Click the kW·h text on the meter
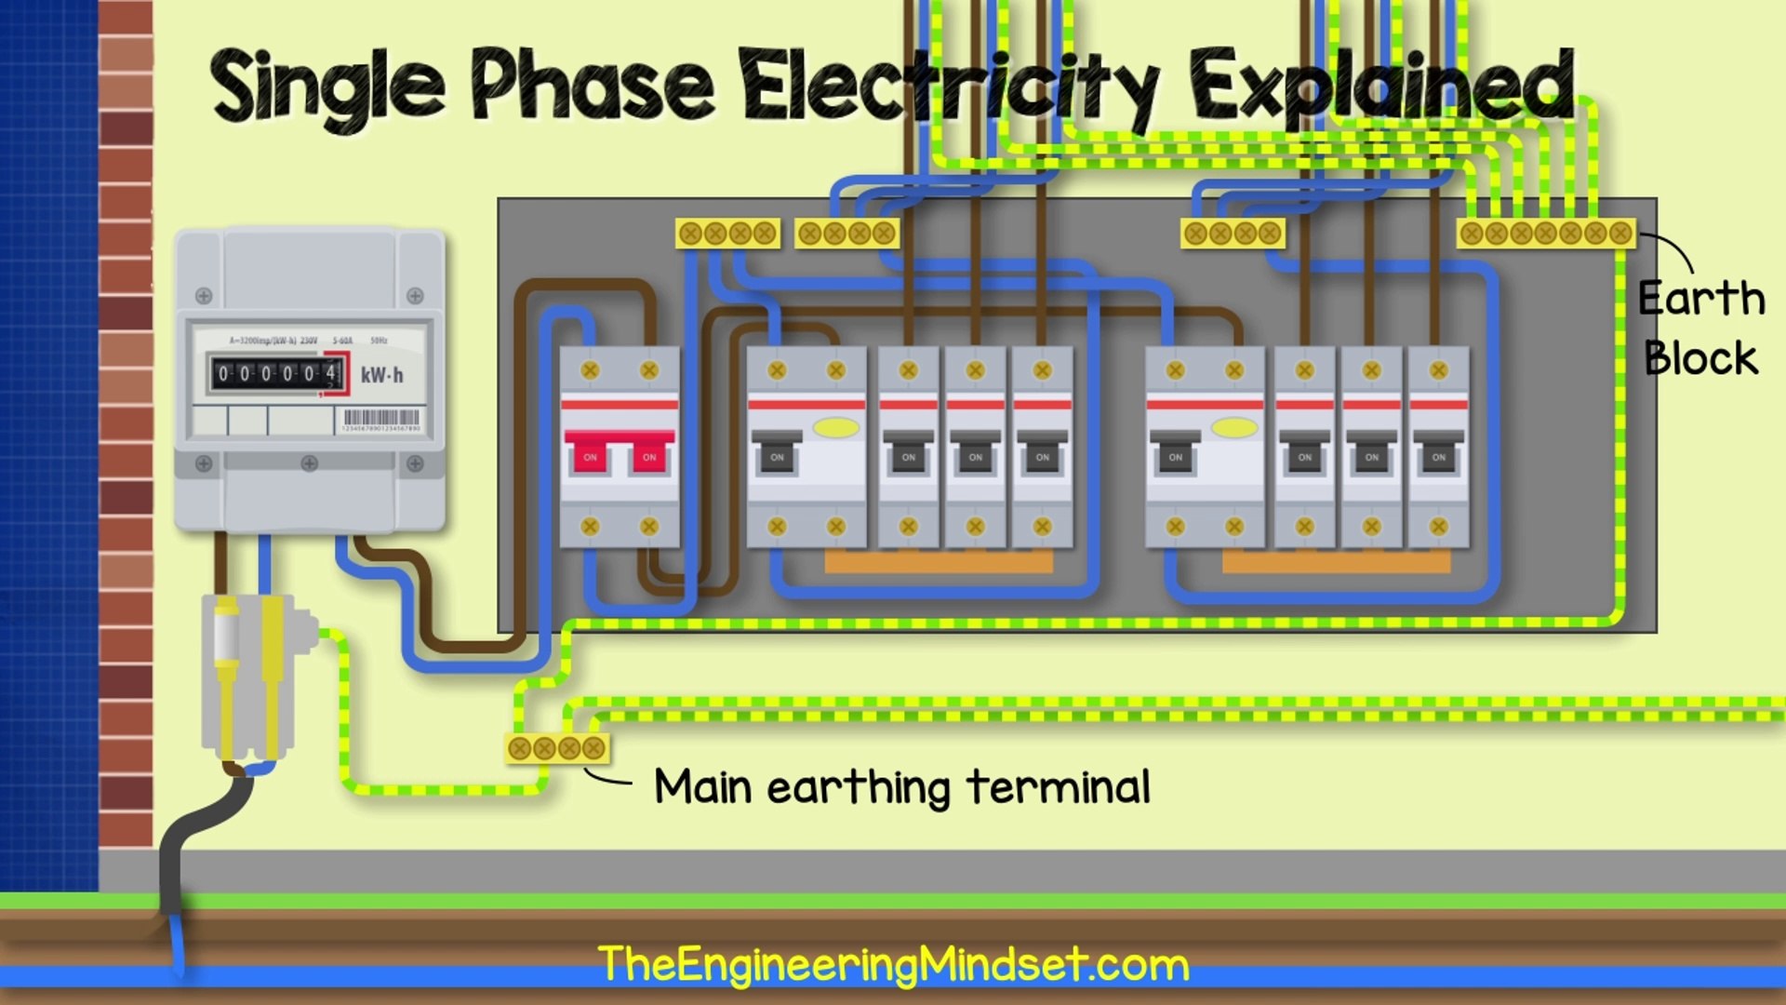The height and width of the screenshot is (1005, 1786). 382,375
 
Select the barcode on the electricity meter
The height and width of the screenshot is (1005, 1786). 381,418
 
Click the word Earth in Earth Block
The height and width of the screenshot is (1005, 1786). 1700,299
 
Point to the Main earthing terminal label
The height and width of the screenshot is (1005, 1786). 901,787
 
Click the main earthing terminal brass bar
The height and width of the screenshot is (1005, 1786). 556,748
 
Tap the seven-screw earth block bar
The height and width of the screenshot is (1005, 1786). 1545,233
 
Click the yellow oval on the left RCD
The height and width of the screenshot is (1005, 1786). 835,427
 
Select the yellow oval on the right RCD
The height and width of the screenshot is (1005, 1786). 1234,427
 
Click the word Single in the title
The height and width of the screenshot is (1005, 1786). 327,87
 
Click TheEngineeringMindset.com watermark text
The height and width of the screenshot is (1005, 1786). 893,964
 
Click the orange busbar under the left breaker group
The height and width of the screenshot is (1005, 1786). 939,561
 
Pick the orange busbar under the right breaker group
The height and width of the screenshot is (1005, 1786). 1336,561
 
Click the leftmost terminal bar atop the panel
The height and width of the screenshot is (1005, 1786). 727,233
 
